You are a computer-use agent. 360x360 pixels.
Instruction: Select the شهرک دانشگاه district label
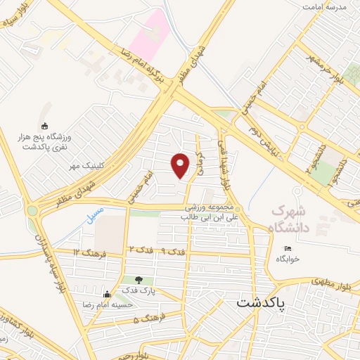289,219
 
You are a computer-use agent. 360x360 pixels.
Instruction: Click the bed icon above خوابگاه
287,248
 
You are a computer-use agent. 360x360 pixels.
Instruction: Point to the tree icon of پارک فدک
129,280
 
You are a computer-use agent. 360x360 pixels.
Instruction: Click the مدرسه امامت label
326,6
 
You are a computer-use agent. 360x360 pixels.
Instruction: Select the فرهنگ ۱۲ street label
86,252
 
